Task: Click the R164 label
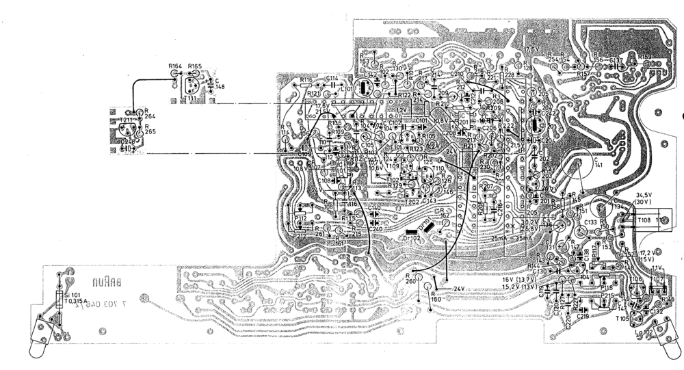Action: point(175,66)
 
